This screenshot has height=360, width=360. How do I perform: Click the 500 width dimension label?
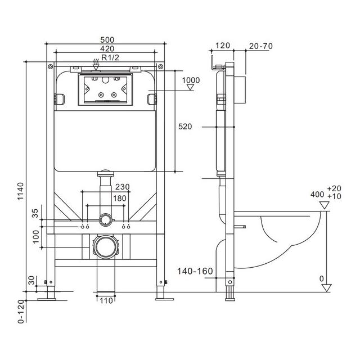point(107,40)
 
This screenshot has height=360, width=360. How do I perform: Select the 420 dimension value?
point(107,48)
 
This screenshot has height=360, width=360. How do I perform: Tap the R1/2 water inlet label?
point(110,57)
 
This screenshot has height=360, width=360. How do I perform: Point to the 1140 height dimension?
point(21,191)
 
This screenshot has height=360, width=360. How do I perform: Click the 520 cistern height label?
point(185,127)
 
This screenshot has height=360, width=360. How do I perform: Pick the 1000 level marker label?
point(191,80)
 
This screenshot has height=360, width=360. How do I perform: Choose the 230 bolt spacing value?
point(123,187)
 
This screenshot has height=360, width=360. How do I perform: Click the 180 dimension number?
point(120,198)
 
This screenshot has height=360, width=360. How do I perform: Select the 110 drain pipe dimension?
point(106,300)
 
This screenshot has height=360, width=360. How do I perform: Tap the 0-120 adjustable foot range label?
point(21,312)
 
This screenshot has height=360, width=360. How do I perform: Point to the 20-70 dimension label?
point(261,46)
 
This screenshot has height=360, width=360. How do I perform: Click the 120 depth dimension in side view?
point(223,46)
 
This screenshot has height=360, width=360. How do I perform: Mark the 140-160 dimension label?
point(195,271)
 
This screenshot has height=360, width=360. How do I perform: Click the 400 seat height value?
point(317,195)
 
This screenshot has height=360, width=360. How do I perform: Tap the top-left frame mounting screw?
point(51,67)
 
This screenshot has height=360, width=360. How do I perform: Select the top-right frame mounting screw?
point(161,67)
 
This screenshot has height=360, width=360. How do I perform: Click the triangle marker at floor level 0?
point(326,288)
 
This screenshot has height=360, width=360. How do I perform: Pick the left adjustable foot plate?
point(47,299)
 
